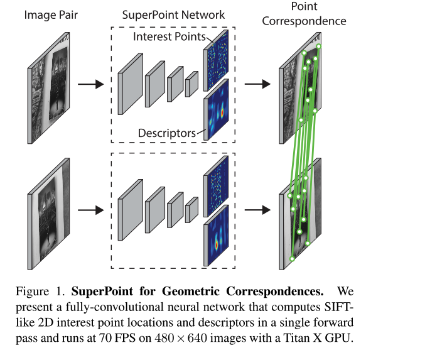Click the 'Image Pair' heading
(50, 14)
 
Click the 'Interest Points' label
(169, 38)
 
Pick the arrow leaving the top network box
(257, 84)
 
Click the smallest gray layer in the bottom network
(191, 210)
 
